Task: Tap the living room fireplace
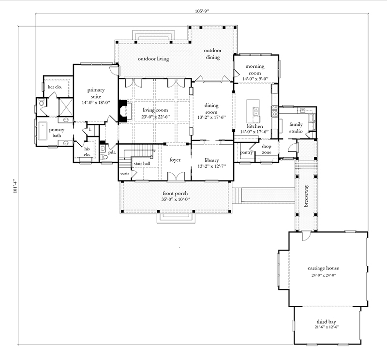pyautogui.click(x=123, y=111)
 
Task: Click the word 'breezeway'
pyautogui.click(x=306, y=195)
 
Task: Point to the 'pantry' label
pyautogui.click(x=247, y=153)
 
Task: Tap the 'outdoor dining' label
pyautogui.click(x=212, y=54)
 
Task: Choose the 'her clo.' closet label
pyautogui.click(x=54, y=87)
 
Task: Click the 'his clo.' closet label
pyautogui.click(x=88, y=151)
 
